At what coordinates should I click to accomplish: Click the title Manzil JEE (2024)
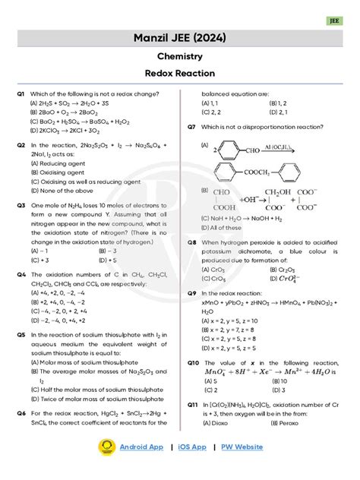(x=179, y=38)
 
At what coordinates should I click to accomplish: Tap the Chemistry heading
(x=179, y=57)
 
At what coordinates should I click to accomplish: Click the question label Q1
(x=21, y=93)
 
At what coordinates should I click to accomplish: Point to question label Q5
(x=21, y=334)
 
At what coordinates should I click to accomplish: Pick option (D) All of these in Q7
(x=222, y=227)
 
